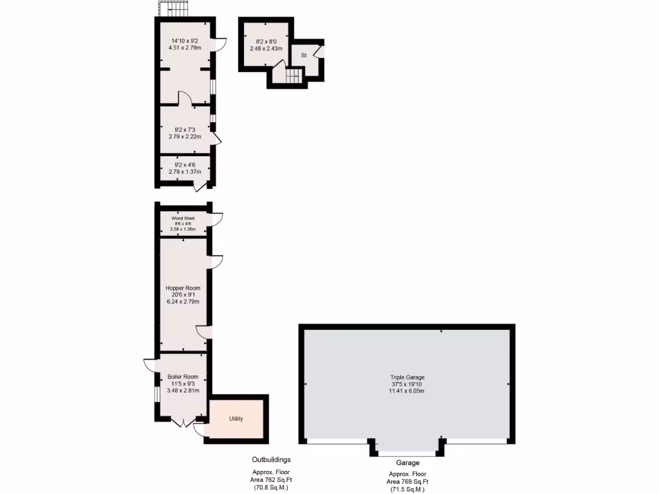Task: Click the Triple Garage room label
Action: [x=407, y=378]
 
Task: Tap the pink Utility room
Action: [x=236, y=419]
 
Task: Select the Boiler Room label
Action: [x=183, y=377]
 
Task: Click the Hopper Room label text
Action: [x=183, y=288]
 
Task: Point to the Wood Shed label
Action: [x=183, y=218]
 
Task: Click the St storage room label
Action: [x=303, y=56]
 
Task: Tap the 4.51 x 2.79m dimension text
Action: [x=183, y=48]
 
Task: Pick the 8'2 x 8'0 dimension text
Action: [x=266, y=42]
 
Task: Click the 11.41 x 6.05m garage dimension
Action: [x=407, y=391]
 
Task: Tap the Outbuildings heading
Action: [x=271, y=460]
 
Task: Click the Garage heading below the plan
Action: [x=407, y=462]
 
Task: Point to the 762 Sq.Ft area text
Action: [x=271, y=479]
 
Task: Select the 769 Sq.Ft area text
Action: [x=407, y=482]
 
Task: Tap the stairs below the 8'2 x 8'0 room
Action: [x=293, y=76]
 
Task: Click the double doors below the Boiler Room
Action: [x=183, y=422]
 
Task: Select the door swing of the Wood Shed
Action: [x=216, y=220]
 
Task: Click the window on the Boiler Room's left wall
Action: [x=156, y=393]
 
